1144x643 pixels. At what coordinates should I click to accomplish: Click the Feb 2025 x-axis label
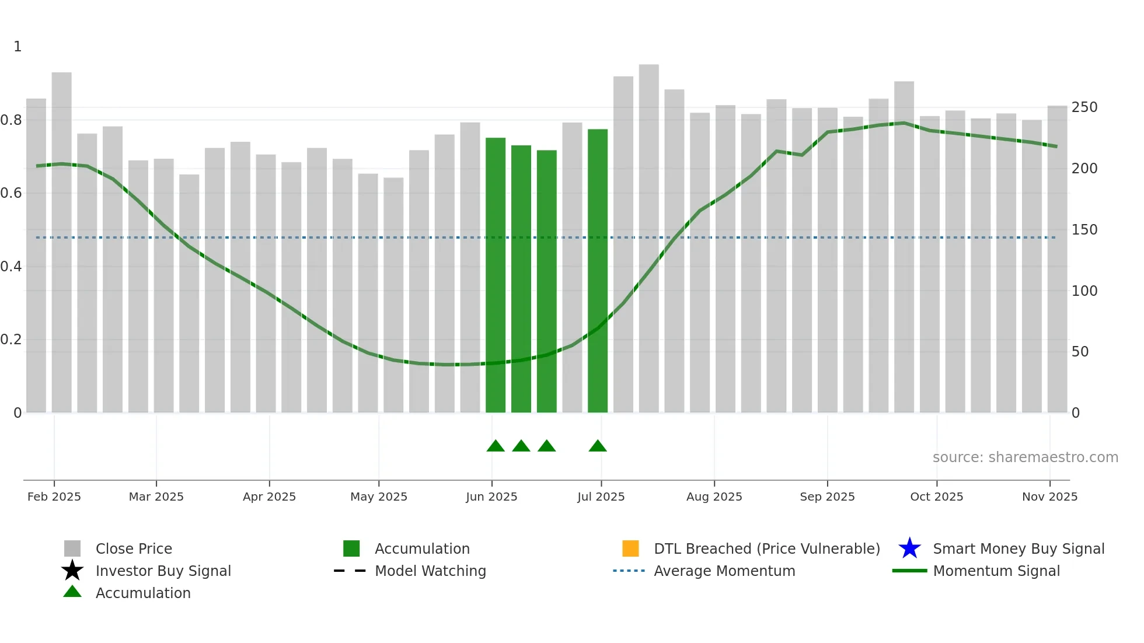54,497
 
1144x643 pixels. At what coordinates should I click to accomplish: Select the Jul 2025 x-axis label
601,497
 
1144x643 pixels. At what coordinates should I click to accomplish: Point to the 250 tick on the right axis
1084,107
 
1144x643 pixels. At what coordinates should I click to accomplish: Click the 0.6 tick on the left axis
12,193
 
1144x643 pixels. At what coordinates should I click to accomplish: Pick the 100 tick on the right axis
1084,291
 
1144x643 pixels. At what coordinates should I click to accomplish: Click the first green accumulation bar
496,274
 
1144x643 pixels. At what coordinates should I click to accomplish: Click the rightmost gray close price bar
1057,260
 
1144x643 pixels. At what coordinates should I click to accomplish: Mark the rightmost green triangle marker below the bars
598,446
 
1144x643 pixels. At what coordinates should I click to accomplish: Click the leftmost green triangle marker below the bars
496,446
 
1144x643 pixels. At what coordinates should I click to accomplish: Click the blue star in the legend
909,548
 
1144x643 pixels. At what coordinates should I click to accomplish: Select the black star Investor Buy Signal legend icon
72,571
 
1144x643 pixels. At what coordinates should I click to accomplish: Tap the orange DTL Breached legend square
630,548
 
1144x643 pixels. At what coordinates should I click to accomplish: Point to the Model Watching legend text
430,571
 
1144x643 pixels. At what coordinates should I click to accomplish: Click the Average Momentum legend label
724,571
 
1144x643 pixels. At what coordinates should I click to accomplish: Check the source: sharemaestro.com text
1025,457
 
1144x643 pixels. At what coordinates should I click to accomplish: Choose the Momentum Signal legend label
996,571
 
